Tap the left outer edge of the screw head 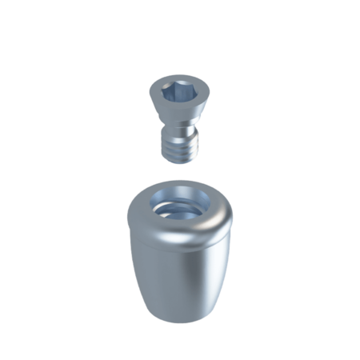tap(151, 90)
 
